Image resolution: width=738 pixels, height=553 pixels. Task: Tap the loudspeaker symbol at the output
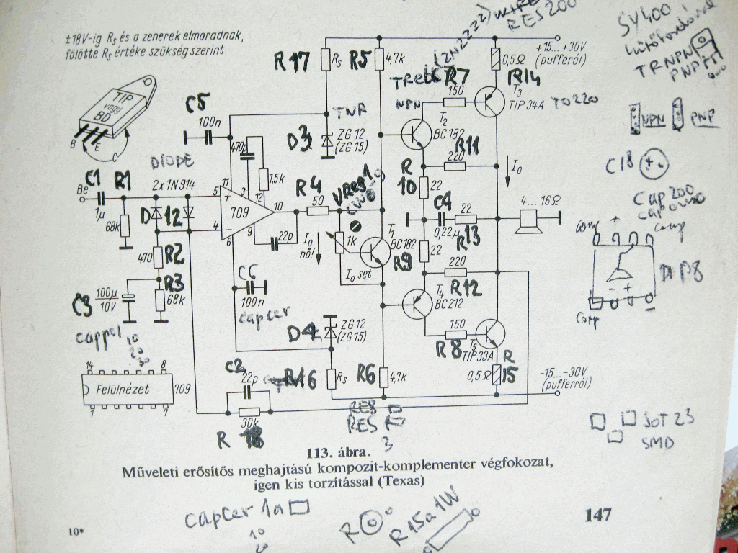click(530, 220)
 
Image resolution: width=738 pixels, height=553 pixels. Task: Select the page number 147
click(598, 514)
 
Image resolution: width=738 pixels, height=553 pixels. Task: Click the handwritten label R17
click(291, 63)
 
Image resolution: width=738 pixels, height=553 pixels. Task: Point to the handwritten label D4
click(302, 333)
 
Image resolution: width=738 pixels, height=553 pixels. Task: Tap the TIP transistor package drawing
click(119, 112)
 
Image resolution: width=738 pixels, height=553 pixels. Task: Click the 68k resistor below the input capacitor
click(124, 226)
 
